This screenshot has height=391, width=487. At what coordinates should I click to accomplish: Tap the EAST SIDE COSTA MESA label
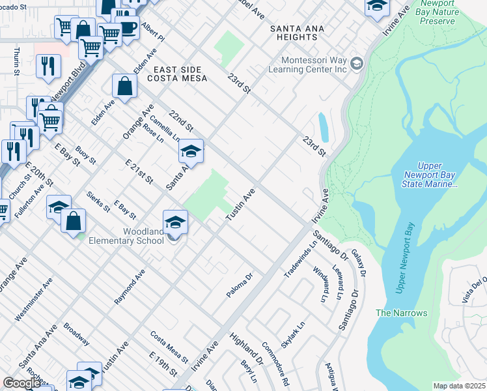tap(180, 74)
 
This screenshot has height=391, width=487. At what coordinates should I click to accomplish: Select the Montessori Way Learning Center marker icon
tap(356, 64)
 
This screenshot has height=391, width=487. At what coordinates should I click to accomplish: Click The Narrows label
tap(402, 313)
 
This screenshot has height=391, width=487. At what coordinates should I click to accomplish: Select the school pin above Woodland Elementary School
tap(175, 222)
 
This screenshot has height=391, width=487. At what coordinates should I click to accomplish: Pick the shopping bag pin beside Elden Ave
tap(124, 85)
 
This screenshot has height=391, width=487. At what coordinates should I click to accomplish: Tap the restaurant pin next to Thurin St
tap(48, 66)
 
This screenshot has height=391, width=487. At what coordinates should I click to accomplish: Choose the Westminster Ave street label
tap(34, 300)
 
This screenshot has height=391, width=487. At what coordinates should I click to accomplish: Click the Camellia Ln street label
tap(165, 128)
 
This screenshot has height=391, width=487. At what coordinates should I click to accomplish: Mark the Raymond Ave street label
tap(130, 287)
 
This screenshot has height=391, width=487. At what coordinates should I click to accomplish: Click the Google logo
tap(21, 383)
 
